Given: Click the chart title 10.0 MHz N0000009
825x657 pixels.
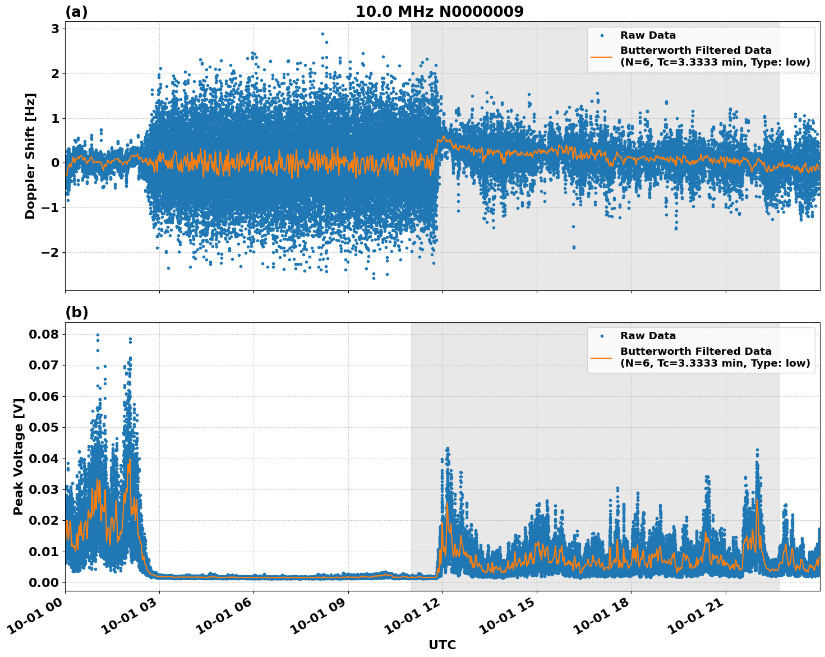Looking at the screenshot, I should pos(439,12).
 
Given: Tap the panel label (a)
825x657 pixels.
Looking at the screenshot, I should pos(76,12).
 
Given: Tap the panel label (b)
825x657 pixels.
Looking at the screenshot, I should pos(76,313).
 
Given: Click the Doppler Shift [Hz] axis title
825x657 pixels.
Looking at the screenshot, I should pos(30,156).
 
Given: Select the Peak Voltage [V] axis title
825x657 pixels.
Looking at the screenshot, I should pos(19,457).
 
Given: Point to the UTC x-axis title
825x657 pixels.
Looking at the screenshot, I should pos(442,645).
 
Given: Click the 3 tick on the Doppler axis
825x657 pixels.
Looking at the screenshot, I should pos(55,29).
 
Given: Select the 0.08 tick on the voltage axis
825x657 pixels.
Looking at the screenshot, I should pos(44,334).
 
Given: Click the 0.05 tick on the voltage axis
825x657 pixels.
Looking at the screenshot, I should pos(44,427).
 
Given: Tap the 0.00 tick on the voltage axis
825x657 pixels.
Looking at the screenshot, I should pos(44,582).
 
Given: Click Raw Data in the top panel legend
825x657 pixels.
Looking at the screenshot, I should pos(648,35).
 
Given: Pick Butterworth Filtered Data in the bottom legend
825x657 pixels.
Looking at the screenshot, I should pos(695,351).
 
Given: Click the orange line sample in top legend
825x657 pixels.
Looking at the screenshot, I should pos(601,56).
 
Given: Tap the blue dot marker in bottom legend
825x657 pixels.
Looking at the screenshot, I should pos(602,336).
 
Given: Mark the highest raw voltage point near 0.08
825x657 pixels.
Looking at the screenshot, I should pos(98,335).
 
